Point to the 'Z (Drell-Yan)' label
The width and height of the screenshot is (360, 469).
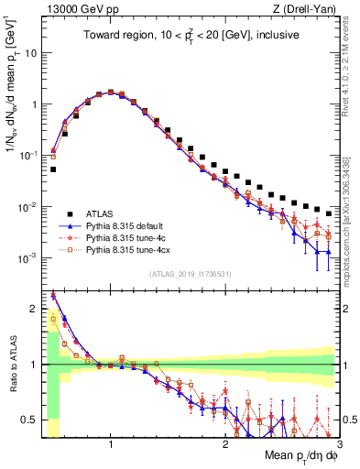pos(308,9)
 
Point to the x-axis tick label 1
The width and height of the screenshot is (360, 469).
pos(111,444)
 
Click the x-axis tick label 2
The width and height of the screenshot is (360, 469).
pos(225,444)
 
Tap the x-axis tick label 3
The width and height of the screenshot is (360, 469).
pos(339,444)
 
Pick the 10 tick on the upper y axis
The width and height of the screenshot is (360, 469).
pos(29,53)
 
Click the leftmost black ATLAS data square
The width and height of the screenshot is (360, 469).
pos(53,169)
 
